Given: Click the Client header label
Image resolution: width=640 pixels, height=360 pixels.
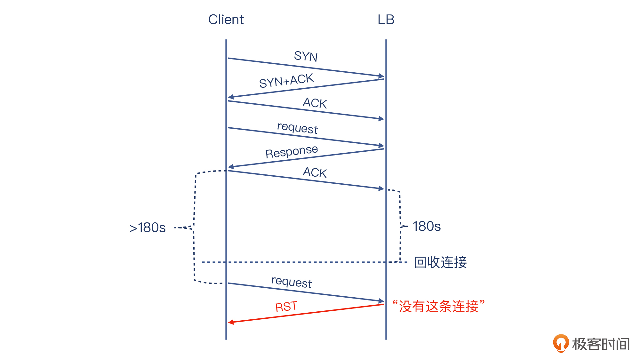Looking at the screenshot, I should pyautogui.click(x=226, y=20).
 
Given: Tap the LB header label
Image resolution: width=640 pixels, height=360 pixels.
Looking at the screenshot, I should pyautogui.click(x=386, y=20).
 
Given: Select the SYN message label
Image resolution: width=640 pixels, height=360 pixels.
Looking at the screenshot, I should pyautogui.click(x=306, y=56).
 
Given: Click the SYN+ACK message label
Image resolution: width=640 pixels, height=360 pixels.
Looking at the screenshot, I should pyautogui.click(x=286, y=80).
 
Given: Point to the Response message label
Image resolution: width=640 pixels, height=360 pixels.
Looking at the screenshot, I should pyautogui.click(x=292, y=151).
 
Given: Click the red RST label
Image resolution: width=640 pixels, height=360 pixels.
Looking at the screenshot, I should pyautogui.click(x=286, y=307).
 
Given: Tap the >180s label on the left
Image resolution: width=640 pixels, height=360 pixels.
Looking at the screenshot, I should pyautogui.click(x=148, y=228).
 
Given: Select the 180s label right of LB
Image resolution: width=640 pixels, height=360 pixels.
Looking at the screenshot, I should pyautogui.click(x=427, y=226).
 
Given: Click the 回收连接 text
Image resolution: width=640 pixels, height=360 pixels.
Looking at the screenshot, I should pyautogui.click(x=440, y=262).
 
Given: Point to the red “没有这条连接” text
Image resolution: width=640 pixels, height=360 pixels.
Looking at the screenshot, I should pyautogui.click(x=438, y=306).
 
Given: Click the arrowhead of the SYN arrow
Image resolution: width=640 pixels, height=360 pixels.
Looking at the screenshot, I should pyautogui.click(x=381, y=76).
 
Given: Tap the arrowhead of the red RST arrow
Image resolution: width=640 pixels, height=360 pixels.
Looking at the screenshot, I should pyautogui.click(x=231, y=322).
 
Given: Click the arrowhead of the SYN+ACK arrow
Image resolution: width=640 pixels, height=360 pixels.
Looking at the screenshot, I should pyautogui.click(x=231, y=97).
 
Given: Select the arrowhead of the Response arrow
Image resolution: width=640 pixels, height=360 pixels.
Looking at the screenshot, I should pyautogui.click(x=231, y=166).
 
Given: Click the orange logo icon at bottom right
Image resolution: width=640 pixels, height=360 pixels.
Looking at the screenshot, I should pyautogui.click(x=561, y=343).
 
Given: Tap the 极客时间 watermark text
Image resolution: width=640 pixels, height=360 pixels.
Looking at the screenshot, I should pyautogui.click(x=601, y=344).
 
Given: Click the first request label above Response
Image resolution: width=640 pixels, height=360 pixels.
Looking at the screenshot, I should pyautogui.click(x=297, y=128).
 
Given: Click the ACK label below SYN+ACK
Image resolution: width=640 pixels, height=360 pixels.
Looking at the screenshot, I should pyautogui.click(x=315, y=103).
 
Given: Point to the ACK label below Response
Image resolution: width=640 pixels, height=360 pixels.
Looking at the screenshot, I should pyautogui.click(x=315, y=172).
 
